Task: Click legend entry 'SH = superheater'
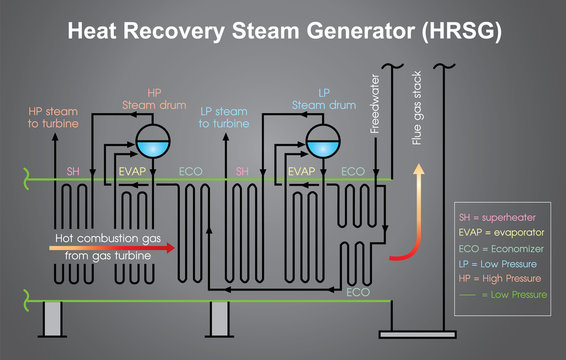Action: tap(499, 217)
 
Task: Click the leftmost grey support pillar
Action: tap(52, 318)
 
